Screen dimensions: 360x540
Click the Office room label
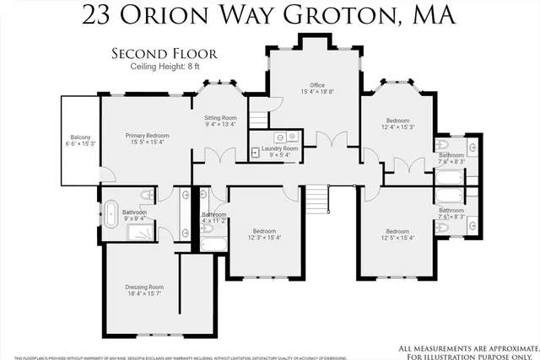pos(317,84)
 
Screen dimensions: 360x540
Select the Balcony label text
pos(81,137)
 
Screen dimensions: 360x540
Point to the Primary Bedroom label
pos(148,136)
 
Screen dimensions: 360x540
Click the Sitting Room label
pos(221,117)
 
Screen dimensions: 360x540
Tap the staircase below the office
pos(315,200)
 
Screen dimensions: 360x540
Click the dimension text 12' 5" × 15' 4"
pos(397,238)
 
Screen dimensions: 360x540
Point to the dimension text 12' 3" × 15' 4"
pos(265,238)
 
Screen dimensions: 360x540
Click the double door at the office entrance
pos(330,139)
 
